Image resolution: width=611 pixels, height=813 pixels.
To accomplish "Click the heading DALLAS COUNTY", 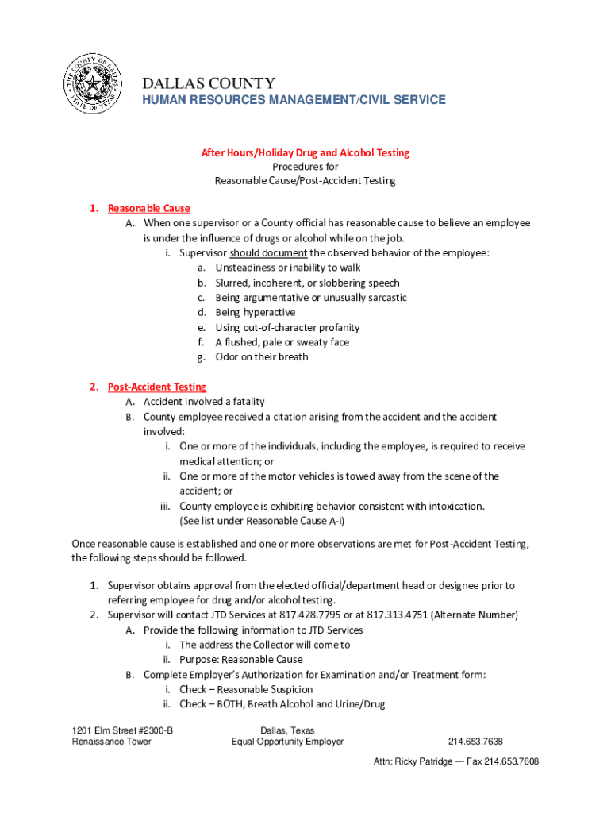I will point(209,83).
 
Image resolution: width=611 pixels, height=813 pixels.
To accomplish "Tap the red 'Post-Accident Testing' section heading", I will point(157,387).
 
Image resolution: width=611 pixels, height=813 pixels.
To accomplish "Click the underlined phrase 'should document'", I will point(268,253).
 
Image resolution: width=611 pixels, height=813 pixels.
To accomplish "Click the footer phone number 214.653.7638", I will point(475,742).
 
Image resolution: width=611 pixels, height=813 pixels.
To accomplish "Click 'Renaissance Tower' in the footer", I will point(111,742).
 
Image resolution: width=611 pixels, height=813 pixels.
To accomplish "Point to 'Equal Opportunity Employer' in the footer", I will point(287,742).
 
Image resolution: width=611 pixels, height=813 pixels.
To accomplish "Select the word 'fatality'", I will point(244,402).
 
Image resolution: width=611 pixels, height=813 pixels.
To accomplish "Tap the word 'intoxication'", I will point(456,506).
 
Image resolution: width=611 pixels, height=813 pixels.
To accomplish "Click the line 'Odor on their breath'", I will point(262,357).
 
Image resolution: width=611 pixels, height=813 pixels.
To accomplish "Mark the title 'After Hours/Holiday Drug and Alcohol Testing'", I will point(305,152).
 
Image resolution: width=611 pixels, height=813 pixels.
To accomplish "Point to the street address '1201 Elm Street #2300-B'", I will point(122,730).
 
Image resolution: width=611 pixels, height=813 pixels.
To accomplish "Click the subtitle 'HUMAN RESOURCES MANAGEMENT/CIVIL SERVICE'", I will point(294,100).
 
